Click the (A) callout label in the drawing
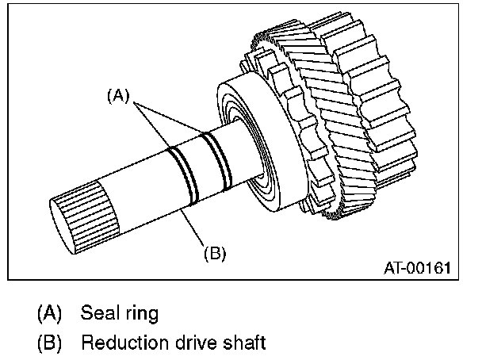117,96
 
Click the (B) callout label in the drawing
215,253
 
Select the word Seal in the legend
98,312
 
